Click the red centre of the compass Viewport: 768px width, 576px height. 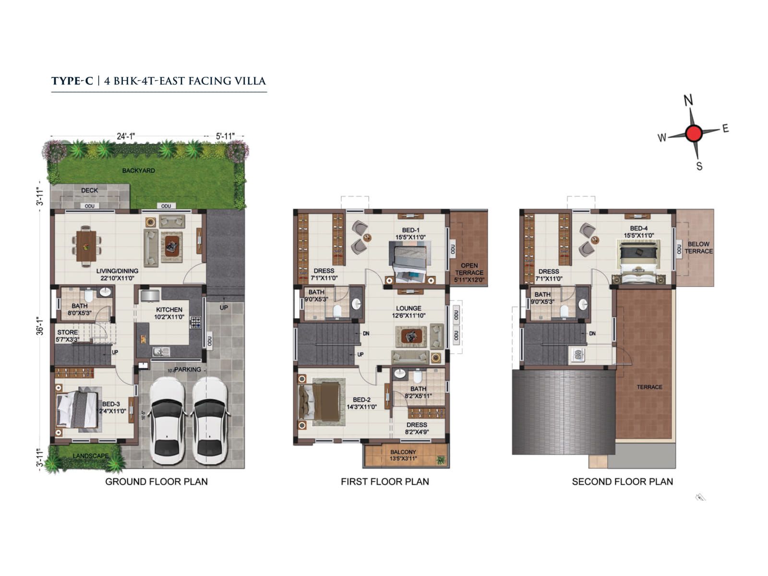pos(693,133)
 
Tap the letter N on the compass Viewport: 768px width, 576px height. pos(688,100)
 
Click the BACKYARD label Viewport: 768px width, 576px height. pos(138,170)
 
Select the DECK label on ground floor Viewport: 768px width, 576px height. pos(89,191)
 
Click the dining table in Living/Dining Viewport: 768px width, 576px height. pos(86,246)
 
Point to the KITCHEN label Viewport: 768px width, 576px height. pos(169,310)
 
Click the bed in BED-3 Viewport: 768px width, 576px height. pos(78,409)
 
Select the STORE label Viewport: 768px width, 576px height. pos(67,332)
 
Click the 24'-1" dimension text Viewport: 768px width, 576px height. pos(126,136)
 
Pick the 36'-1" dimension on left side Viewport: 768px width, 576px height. pos(40,326)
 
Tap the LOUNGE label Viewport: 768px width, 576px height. pos(408,309)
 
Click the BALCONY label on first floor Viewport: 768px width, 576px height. pos(403,452)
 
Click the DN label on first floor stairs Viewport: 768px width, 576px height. pos(366,333)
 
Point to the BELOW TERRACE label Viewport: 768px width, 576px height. pos(698,247)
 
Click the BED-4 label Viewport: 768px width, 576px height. pos(638,228)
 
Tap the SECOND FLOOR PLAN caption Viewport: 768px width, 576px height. pos(622,481)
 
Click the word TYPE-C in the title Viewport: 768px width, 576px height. pos(72,81)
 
